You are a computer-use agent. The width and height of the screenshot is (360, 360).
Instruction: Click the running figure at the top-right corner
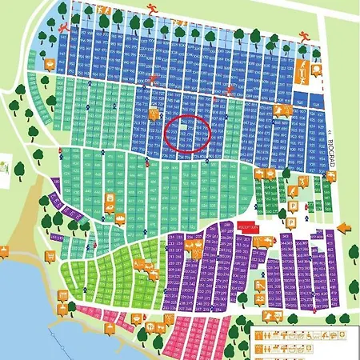(x=303, y=35)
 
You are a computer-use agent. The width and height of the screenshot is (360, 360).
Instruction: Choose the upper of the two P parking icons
(x=294, y=206)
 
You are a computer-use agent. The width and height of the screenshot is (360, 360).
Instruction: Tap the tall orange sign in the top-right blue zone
(x=304, y=71)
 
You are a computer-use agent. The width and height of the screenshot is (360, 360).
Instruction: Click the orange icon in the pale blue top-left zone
(x=50, y=66)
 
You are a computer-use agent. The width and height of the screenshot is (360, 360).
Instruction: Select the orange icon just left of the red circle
(x=154, y=114)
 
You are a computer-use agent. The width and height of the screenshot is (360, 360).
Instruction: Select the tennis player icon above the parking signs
(x=298, y=185)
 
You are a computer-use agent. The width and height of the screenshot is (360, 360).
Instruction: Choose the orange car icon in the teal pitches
(x=107, y=210)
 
